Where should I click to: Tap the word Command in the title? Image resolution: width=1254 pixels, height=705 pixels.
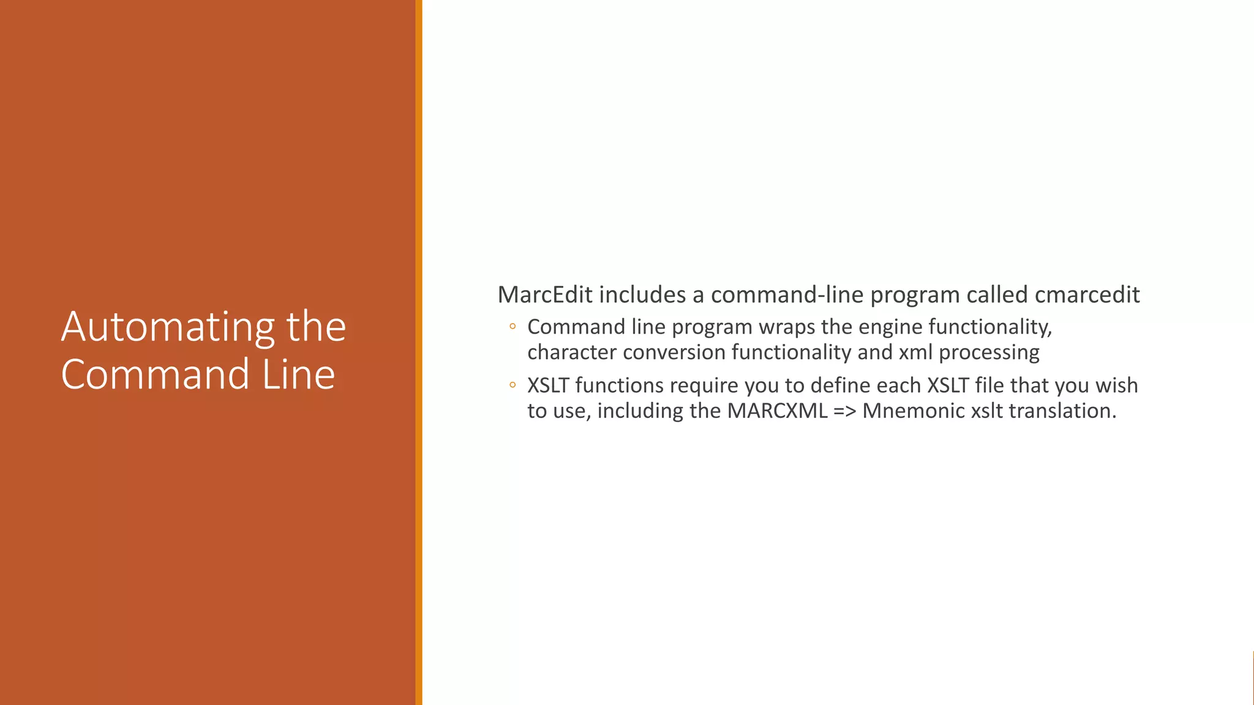point(155,375)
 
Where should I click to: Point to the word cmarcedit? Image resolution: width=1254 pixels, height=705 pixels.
point(1087,295)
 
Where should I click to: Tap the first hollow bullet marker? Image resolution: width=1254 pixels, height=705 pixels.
point(512,327)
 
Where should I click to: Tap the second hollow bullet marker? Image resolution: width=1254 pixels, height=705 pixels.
point(512,386)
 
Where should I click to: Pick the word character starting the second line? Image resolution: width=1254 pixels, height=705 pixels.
point(571,352)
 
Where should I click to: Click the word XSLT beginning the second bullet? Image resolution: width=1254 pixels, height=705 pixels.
point(548,386)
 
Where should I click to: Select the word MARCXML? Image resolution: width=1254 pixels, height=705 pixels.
point(777,411)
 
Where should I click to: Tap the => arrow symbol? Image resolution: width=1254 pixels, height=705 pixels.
point(845,411)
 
